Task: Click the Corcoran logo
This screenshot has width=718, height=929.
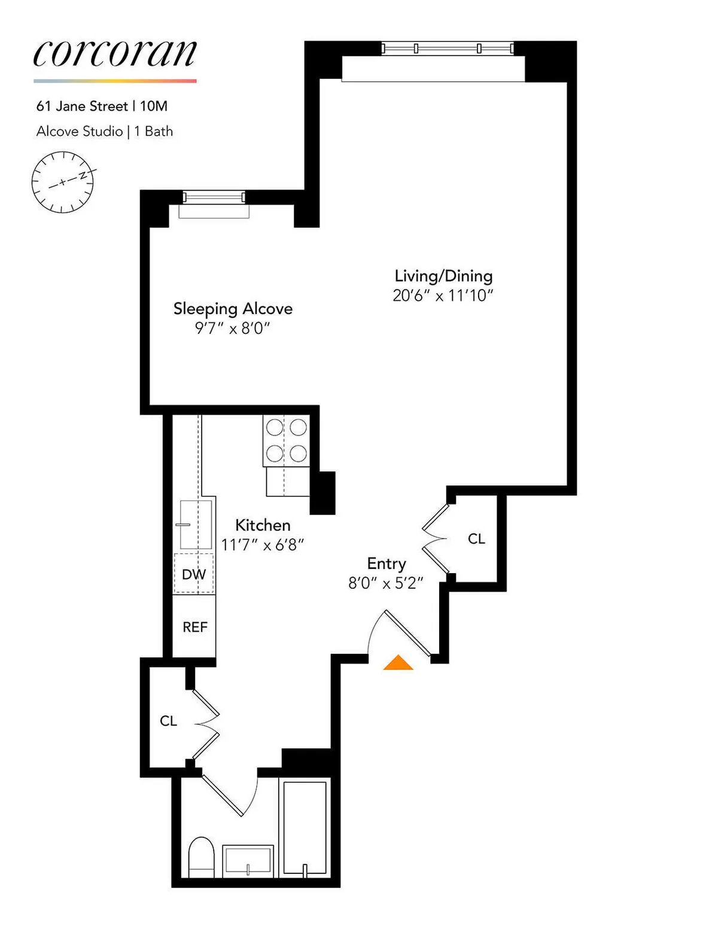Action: point(115,54)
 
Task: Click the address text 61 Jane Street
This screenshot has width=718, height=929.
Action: point(82,106)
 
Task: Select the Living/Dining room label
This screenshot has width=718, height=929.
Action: point(443,276)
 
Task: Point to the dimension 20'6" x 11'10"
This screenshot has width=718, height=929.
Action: point(443,296)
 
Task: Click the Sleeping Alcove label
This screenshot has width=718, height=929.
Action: point(233,309)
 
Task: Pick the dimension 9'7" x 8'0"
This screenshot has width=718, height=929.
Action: point(233,328)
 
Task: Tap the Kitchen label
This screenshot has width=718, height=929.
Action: point(263,525)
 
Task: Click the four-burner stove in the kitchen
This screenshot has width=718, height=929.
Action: point(287,441)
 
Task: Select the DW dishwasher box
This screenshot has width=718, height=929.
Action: point(194,574)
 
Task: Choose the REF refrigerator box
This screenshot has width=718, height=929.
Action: point(194,627)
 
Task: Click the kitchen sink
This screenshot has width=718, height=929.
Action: point(196,525)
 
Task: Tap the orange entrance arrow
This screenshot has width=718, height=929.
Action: point(398,663)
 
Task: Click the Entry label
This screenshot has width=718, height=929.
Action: point(387,564)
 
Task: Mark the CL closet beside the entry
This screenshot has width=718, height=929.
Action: point(476,539)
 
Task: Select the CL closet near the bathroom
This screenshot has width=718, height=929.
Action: point(168,721)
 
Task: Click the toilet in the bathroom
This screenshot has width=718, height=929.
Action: point(201,857)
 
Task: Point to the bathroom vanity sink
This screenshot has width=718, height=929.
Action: point(248,861)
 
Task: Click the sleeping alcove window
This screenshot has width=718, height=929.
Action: point(214,197)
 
